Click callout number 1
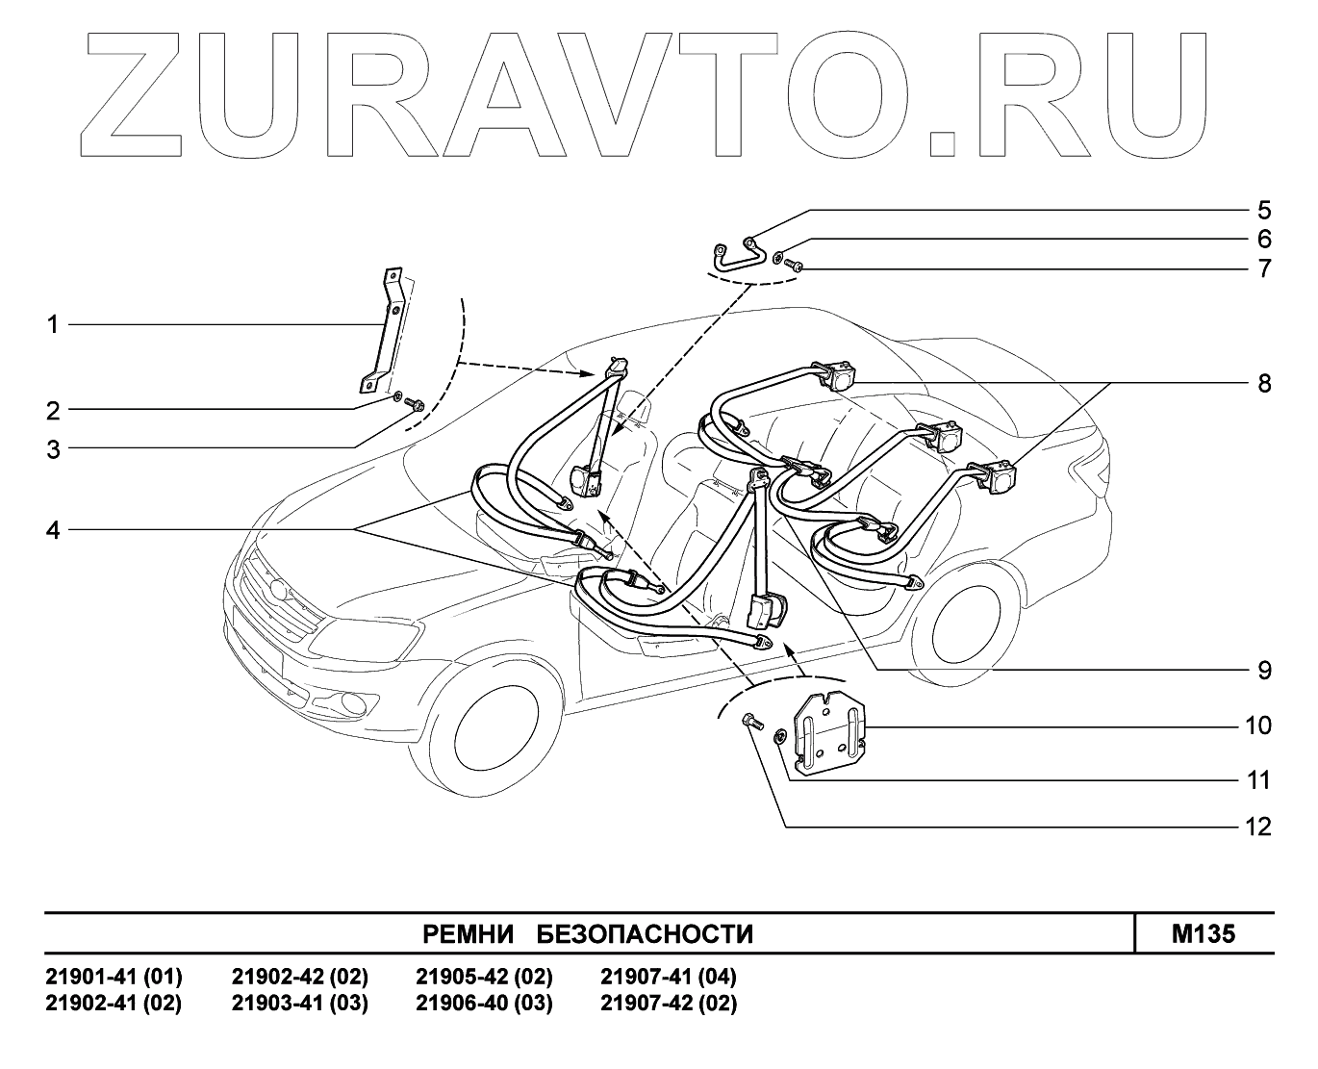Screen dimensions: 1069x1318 [54, 325]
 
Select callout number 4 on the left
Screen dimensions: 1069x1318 [54, 529]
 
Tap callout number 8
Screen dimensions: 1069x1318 [1263, 383]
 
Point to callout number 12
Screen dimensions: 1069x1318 [1257, 827]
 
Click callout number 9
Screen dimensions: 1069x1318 [1264, 670]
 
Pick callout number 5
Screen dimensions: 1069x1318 [1264, 211]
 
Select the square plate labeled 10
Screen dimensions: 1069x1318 [828, 732]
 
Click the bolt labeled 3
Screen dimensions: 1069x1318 [417, 405]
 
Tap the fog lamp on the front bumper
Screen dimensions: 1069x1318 [349, 701]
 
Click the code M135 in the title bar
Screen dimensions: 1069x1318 [1204, 934]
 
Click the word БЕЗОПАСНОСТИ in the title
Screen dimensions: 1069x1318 [644, 934]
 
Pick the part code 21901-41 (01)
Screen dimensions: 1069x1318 [114, 978]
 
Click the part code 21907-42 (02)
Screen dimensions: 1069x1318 [669, 1005]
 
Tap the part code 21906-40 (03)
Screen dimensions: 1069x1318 [484, 1005]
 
